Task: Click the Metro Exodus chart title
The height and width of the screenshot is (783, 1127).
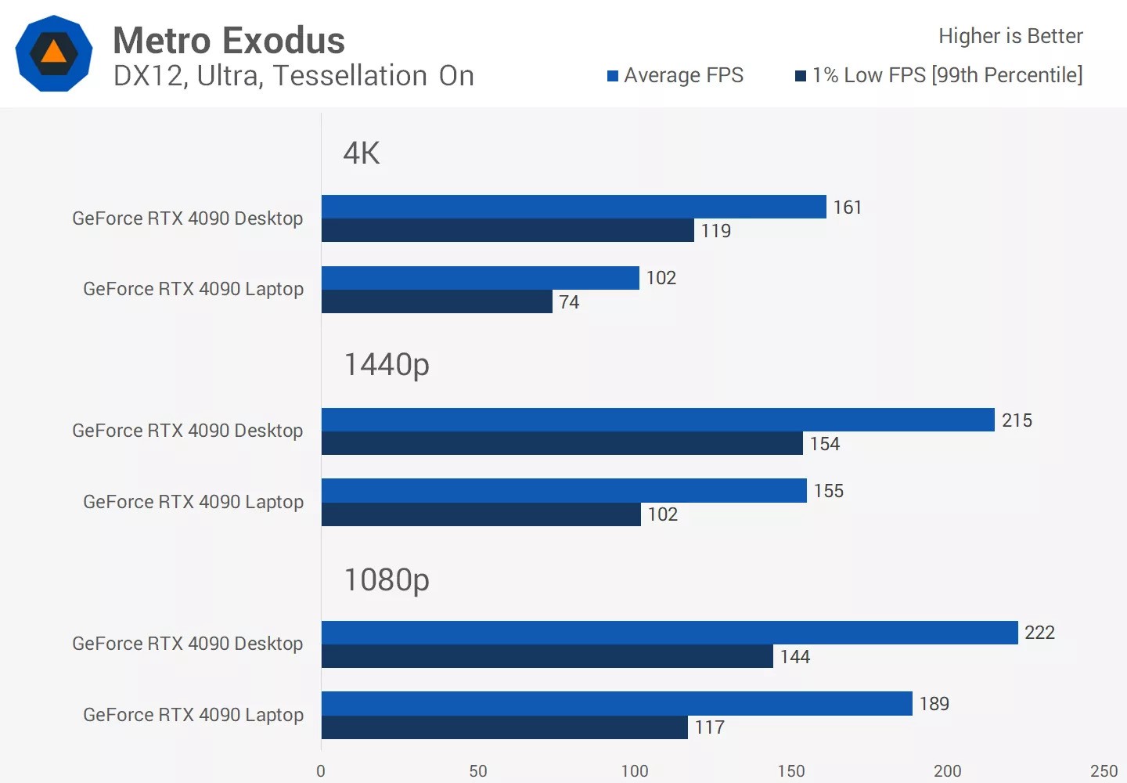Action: (x=229, y=41)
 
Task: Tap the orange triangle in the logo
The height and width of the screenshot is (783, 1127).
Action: (x=53, y=52)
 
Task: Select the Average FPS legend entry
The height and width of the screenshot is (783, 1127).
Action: (x=675, y=75)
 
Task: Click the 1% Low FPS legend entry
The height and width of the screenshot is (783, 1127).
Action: (x=938, y=75)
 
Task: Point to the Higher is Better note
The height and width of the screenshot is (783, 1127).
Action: (x=1010, y=36)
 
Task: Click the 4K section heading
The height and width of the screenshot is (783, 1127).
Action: (x=362, y=153)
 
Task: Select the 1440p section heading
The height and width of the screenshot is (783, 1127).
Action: (x=387, y=365)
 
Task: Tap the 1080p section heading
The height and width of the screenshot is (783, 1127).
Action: (x=387, y=580)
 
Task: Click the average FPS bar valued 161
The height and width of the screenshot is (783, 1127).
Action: (x=574, y=207)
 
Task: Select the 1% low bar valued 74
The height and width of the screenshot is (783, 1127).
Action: (x=437, y=301)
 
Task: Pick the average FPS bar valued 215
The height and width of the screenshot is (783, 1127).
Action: (x=657, y=420)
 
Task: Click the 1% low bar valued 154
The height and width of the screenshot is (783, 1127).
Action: (x=562, y=443)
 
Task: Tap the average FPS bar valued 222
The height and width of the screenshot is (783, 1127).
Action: (x=669, y=633)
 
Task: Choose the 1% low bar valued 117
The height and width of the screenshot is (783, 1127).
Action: (x=504, y=727)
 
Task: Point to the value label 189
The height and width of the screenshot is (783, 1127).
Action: (x=934, y=704)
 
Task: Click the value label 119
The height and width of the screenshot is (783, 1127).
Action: (x=715, y=231)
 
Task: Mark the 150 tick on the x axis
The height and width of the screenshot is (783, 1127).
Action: (x=790, y=771)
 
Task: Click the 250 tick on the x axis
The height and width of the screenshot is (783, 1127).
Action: (x=1104, y=771)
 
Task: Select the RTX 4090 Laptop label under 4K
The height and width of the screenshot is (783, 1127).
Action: (x=193, y=289)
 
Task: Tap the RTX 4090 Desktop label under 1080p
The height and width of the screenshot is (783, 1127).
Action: (x=187, y=644)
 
